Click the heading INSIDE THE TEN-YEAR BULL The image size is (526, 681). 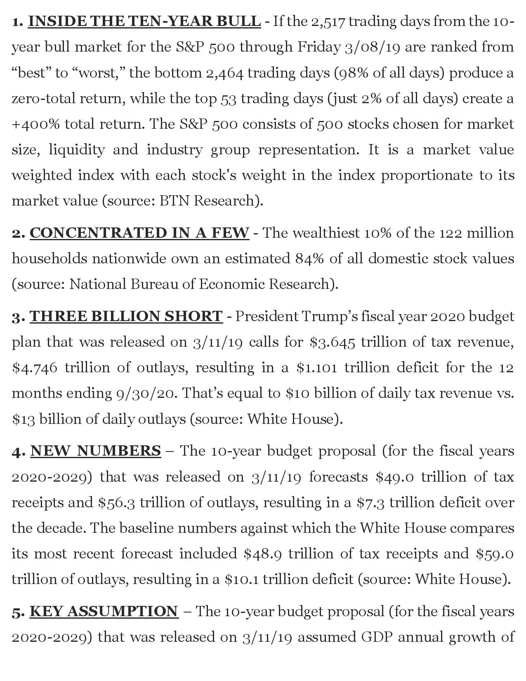[x=144, y=21]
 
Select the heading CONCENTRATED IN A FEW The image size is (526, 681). [x=139, y=233]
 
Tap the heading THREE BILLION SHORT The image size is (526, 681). [x=126, y=316]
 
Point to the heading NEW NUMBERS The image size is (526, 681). [x=95, y=451]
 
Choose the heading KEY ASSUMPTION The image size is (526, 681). [x=104, y=611]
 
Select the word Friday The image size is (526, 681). [x=318, y=47]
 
